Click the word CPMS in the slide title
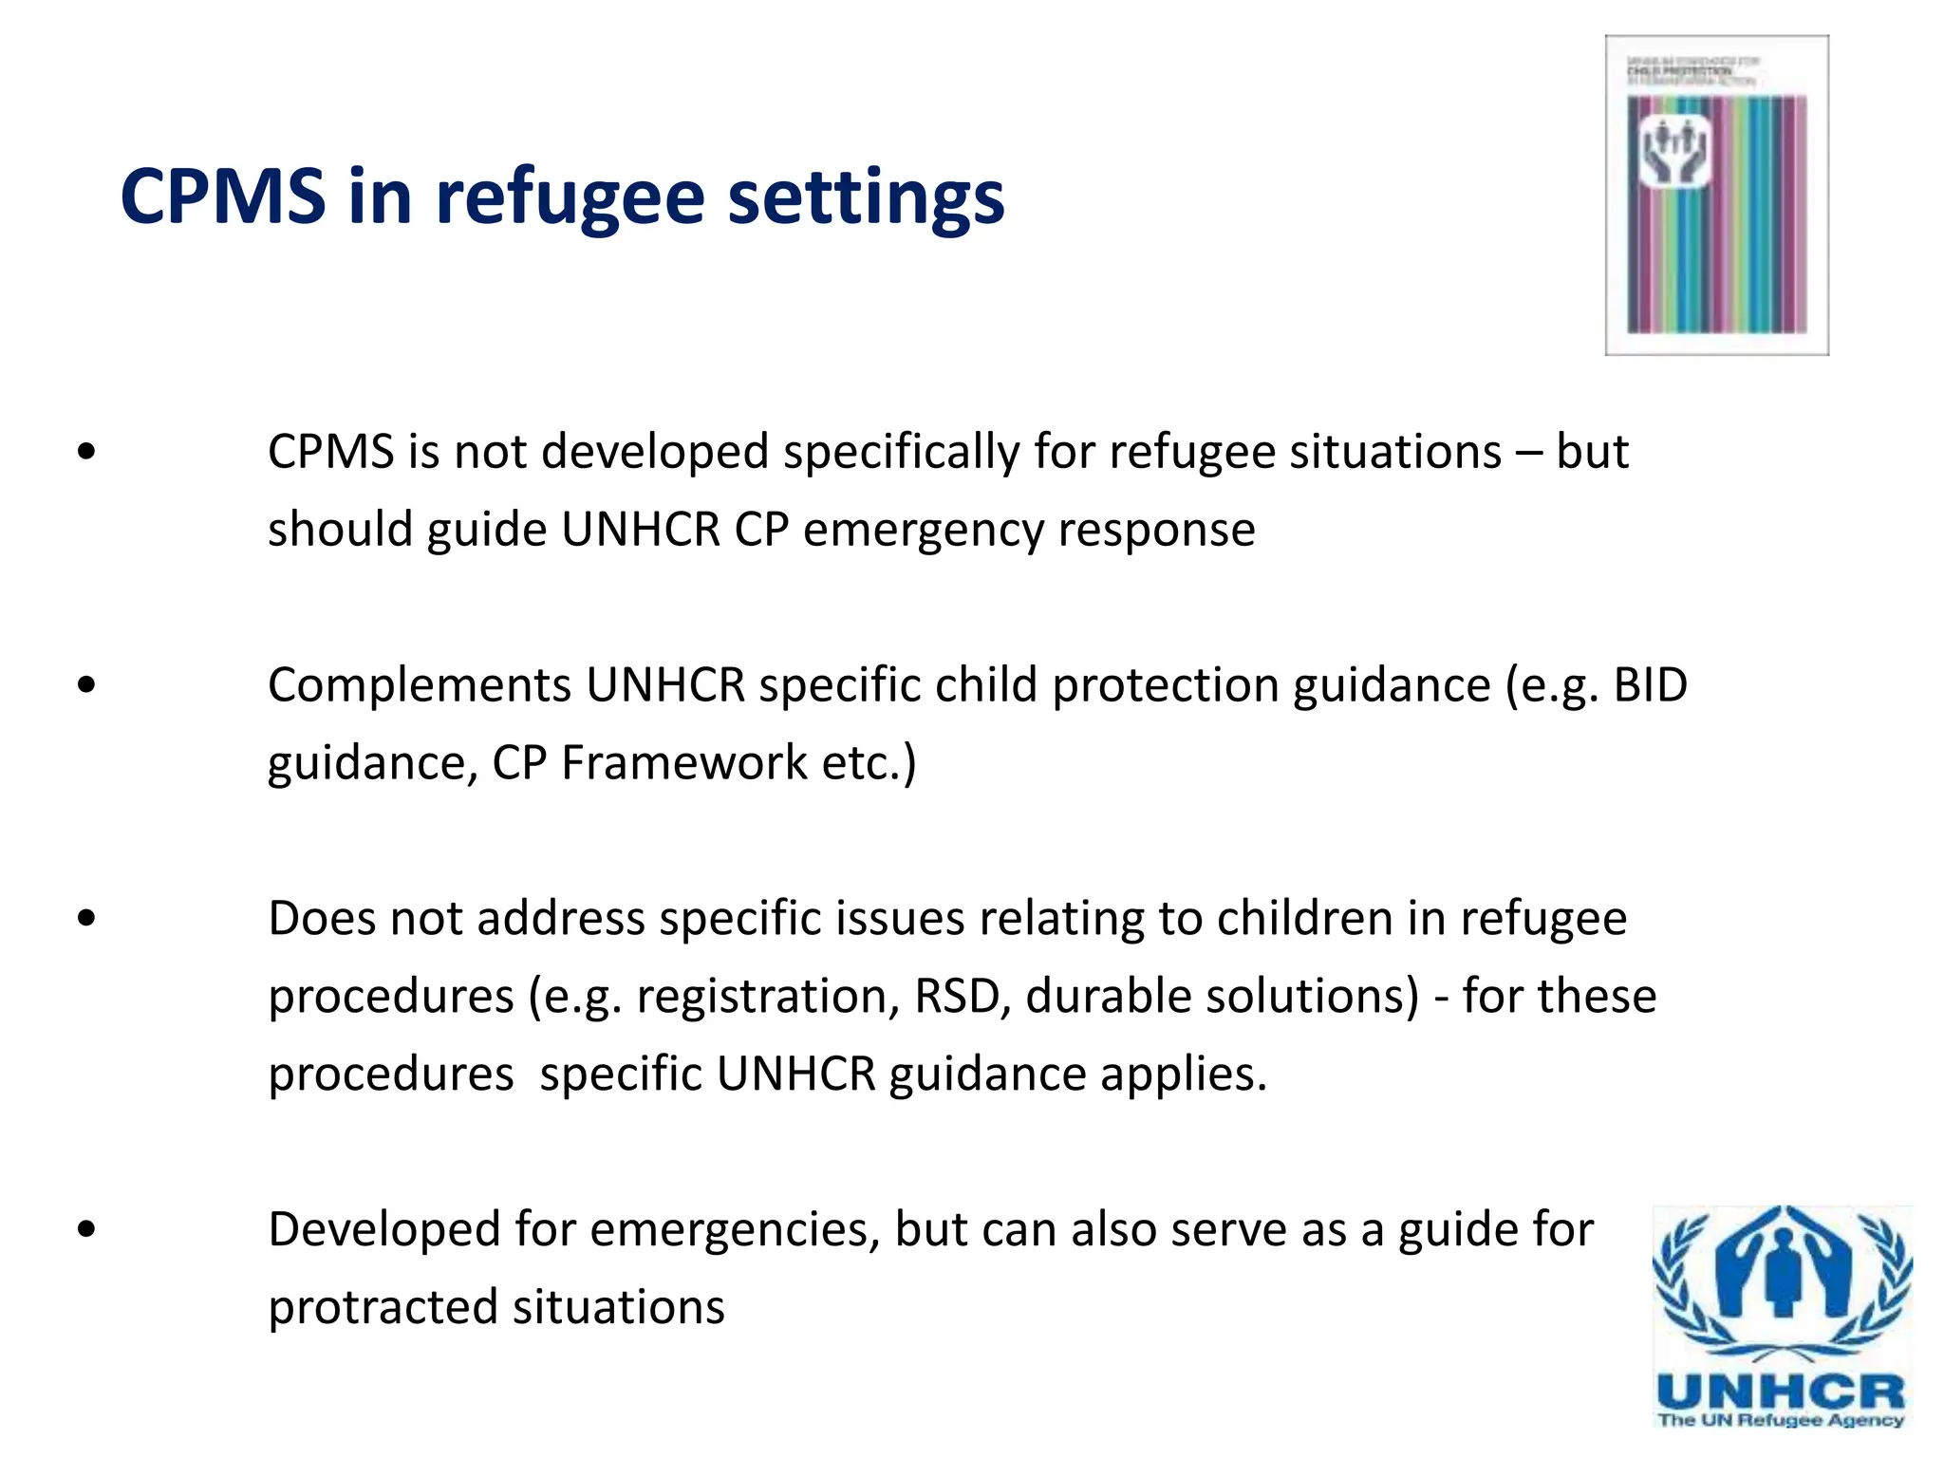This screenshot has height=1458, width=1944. pos(223,197)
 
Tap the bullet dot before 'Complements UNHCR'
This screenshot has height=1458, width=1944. pos(87,684)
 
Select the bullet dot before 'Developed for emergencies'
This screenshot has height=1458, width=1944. pos(87,1229)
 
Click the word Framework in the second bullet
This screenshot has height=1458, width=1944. pos(683,763)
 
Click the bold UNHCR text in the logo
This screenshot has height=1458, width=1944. pos(1781,1393)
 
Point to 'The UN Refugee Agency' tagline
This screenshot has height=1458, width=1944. pos(1781,1421)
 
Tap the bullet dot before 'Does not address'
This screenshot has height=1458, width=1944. pos(87,918)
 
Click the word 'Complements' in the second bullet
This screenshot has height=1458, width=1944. pos(419,685)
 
